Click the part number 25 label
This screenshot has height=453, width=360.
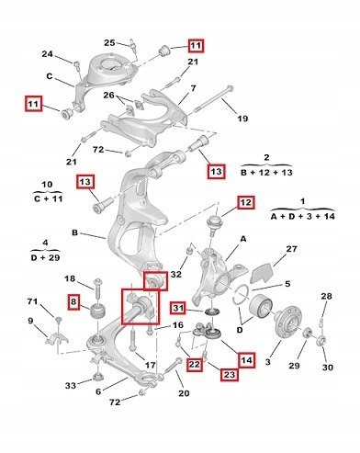109,42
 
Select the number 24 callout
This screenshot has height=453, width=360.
48,54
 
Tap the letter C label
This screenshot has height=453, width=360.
50,76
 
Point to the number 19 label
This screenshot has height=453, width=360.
242,119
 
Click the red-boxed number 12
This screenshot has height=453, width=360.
246,202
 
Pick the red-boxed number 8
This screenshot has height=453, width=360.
73,302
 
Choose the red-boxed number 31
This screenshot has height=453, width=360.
178,308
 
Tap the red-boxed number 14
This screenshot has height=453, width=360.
246,360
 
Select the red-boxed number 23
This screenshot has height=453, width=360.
230,374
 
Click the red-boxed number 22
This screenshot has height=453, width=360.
195,365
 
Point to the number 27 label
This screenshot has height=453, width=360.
291,249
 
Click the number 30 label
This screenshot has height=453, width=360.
327,367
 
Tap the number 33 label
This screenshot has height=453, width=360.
71,385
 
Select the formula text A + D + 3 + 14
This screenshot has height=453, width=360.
302,216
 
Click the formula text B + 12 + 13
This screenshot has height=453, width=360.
266,173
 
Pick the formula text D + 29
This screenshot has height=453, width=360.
45,257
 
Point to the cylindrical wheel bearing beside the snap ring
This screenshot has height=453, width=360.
261,306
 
